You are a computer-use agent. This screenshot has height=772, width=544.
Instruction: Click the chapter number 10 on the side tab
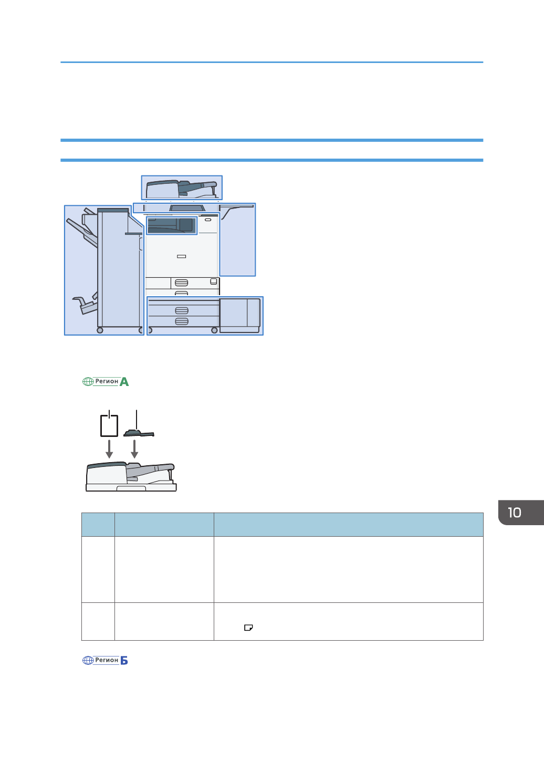click(x=515, y=513)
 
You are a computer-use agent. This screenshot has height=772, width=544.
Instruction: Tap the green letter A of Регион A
click(x=124, y=382)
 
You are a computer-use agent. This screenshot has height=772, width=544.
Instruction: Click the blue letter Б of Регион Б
click(x=124, y=660)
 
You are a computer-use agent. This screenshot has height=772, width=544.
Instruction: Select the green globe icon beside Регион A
click(x=88, y=381)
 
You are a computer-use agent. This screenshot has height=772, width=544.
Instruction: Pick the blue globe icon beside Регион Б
click(x=88, y=660)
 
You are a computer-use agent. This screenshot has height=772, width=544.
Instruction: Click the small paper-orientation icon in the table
click(x=248, y=628)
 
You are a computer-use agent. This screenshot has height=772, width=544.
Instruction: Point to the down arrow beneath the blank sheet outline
click(x=109, y=448)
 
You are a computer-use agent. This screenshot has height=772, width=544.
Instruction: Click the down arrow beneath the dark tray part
click(x=134, y=448)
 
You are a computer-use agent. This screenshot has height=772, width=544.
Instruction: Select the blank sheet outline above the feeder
click(x=109, y=425)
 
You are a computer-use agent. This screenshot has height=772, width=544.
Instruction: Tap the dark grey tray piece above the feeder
click(x=139, y=433)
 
